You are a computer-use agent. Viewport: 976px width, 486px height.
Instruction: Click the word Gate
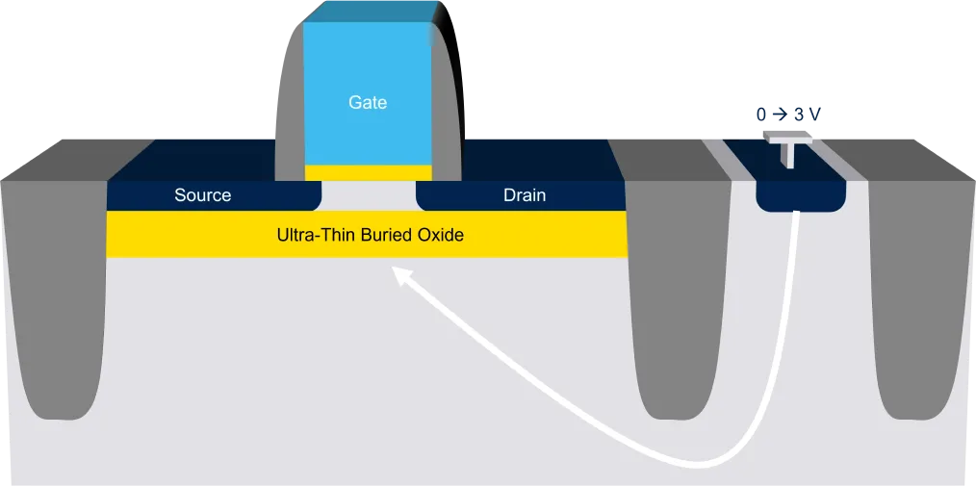point(368,102)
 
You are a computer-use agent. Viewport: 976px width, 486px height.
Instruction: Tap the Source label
point(202,195)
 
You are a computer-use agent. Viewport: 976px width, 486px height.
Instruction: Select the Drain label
point(525,195)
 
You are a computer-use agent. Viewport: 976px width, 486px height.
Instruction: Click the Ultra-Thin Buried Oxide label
point(371,236)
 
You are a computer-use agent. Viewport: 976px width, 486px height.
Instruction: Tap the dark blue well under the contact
point(801,195)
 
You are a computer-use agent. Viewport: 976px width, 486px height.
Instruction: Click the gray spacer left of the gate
point(290,118)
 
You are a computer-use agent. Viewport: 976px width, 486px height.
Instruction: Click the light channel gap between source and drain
point(369,196)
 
